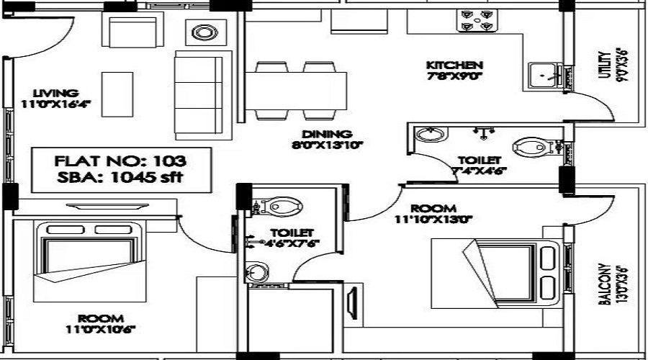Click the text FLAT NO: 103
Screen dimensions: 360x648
point(120,160)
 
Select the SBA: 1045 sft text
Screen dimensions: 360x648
point(120,177)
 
